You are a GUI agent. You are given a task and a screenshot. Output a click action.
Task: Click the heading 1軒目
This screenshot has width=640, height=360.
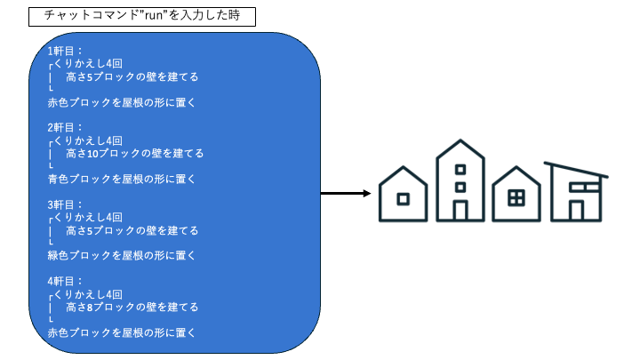[x=65, y=51]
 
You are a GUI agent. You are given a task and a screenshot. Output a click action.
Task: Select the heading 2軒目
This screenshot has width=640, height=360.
[x=65, y=127]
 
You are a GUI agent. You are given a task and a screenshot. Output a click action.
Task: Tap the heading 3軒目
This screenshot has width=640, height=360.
[x=65, y=204]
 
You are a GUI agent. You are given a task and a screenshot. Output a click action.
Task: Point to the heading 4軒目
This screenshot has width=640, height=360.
[x=65, y=281]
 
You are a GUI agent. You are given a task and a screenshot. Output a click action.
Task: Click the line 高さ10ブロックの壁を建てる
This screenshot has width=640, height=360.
[x=134, y=153]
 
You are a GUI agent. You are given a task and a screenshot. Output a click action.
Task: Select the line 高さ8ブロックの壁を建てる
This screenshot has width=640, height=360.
[x=132, y=307]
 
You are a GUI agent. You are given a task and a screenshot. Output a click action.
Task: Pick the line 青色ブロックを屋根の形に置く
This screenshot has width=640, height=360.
[x=122, y=179]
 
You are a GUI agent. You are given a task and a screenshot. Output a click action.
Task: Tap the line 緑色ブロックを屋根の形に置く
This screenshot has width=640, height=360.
[x=122, y=256]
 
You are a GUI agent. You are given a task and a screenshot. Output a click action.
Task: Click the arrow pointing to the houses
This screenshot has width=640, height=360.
[x=345, y=193]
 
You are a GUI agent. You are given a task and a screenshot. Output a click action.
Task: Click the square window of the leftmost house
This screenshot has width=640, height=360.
[x=403, y=199]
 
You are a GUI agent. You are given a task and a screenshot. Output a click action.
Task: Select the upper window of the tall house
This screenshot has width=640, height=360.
[x=460, y=169]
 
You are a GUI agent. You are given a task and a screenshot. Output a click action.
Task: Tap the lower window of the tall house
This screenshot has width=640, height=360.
[x=460, y=187]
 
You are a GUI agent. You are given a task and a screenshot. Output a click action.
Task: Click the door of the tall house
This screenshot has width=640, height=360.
[x=460, y=211]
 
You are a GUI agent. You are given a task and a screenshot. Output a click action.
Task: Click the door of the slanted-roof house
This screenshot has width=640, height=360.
[x=576, y=210]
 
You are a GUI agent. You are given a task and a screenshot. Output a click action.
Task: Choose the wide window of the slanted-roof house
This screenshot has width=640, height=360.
[x=582, y=188]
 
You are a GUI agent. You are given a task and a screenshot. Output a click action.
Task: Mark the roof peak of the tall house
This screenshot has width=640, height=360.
[x=460, y=141]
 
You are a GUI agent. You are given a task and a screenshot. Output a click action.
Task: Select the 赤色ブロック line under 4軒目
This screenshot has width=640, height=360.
[x=122, y=332]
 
